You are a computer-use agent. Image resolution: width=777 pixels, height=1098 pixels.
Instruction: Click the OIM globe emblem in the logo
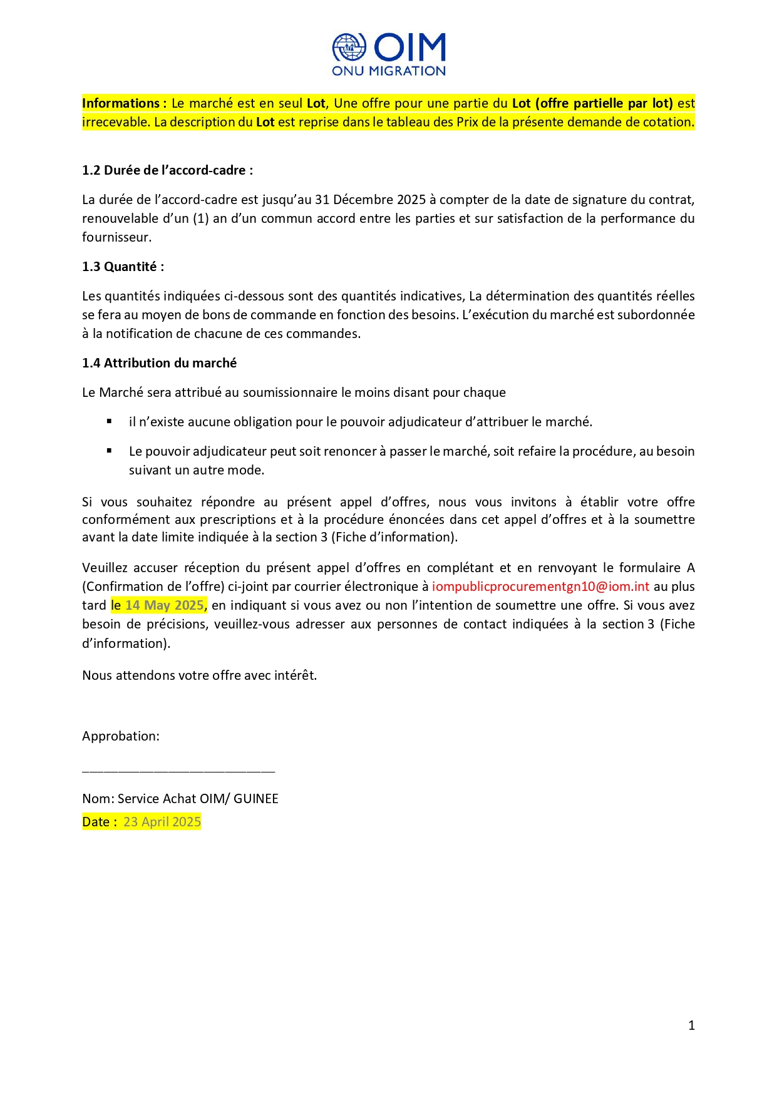[x=349, y=48]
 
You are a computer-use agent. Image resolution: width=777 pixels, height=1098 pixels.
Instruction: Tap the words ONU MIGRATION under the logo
[x=389, y=71]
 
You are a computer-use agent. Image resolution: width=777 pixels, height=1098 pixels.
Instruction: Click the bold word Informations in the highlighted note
[x=121, y=103]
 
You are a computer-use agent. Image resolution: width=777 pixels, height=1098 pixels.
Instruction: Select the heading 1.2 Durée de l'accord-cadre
[x=167, y=170]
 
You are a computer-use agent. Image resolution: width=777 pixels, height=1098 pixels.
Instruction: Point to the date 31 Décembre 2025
[x=370, y=200]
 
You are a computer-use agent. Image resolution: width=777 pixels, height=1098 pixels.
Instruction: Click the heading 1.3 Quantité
[x=123, y=267]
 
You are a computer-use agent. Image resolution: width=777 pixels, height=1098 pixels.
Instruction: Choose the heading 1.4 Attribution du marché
[x=159, y=363]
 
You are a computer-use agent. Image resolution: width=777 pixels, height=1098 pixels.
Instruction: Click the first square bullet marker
[x=110, y=421]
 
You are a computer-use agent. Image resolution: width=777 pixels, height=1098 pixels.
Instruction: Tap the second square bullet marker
[x=110, y=451]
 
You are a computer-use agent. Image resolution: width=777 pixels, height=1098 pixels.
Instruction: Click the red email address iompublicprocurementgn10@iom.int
[x=540, y=587]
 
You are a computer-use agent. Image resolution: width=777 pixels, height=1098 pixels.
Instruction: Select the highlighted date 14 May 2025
[x=165, y=605]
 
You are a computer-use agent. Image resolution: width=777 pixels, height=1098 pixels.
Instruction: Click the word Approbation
[x=120, y=736]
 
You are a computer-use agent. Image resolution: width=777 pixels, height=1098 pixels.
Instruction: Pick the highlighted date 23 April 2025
[x=162, y=822]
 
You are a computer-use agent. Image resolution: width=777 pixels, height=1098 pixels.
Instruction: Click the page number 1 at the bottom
[x=691, y=1025]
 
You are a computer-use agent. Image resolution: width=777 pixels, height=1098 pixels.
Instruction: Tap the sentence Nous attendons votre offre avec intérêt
[x=199, y=675]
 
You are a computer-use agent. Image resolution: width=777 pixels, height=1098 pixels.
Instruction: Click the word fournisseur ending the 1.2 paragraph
[x=116, y=237]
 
